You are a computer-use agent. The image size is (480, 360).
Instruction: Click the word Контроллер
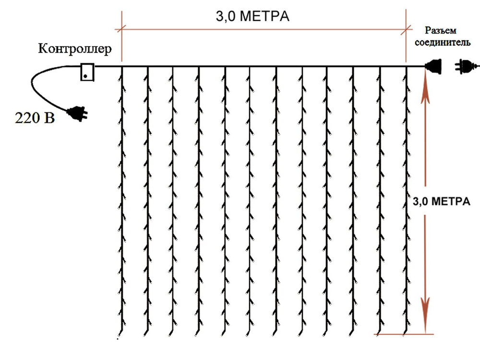pyautogui.click(x=75, y=49)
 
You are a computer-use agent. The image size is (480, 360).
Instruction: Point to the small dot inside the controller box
pyautogui.click(x=85, y=76)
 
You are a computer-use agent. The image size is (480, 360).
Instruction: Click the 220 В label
pyautogui.click(x=35, y=118)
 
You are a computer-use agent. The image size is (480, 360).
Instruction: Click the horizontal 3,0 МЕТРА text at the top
pyautogui.click(x=252, y=17)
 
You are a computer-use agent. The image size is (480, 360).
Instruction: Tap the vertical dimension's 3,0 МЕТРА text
pyautogui.click(x=441, y=202)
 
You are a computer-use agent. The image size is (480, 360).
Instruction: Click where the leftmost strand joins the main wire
pyautogui.click(x=122, y=67)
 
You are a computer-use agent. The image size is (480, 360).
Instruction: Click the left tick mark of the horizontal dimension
pyautogui.click(x=122, y=28)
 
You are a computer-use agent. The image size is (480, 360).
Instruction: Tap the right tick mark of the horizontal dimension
pyautogui.click(x=407, y=28)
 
